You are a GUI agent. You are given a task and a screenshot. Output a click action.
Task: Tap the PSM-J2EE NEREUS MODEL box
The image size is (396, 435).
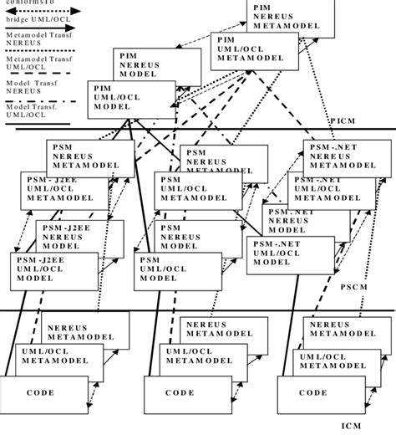point(79,238)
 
